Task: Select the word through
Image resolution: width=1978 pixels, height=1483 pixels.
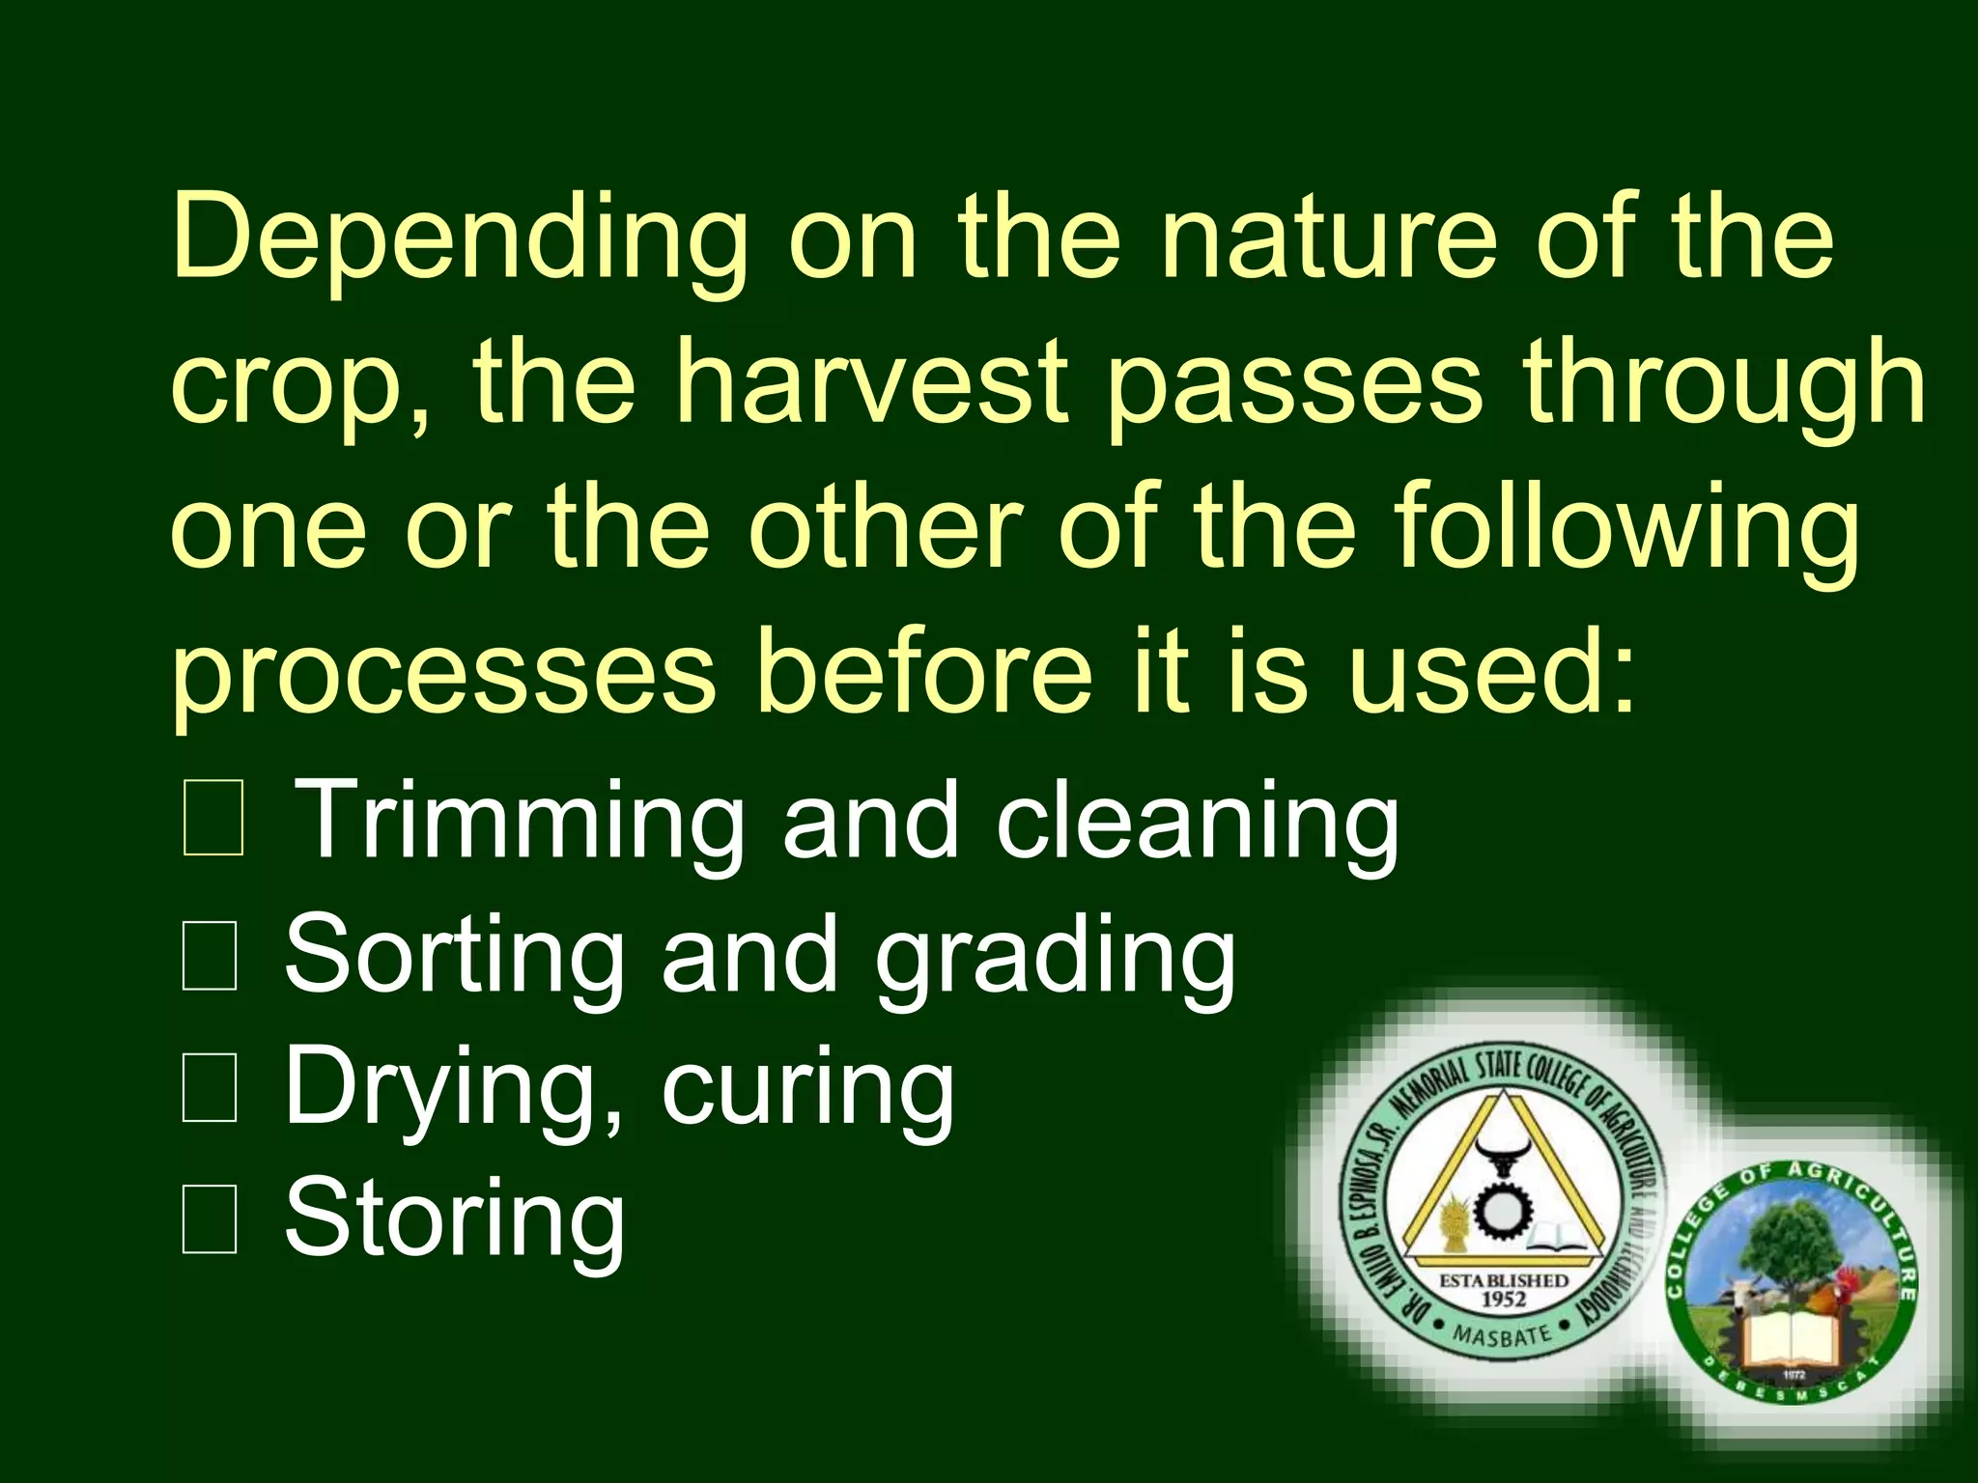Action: pos(1724,385)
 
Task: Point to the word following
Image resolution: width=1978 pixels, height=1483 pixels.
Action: pos(1626,529)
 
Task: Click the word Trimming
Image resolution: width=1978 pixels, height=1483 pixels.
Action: pos(518,822)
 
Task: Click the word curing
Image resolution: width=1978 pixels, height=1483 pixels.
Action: pos(807,1091)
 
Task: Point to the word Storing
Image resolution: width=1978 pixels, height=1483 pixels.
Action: pos(454,1221)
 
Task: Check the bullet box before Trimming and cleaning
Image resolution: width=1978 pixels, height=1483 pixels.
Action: pos(212,823)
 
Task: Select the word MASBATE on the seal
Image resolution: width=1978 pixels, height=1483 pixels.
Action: pos(1502,1336)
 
